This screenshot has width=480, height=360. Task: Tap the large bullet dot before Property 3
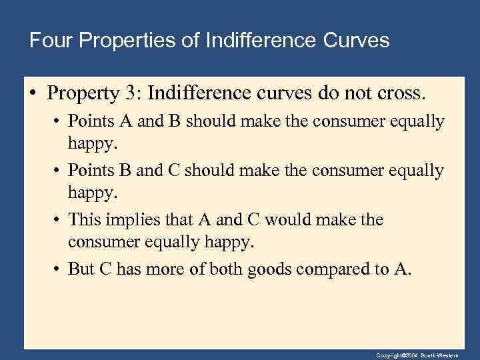click(35, 92)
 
